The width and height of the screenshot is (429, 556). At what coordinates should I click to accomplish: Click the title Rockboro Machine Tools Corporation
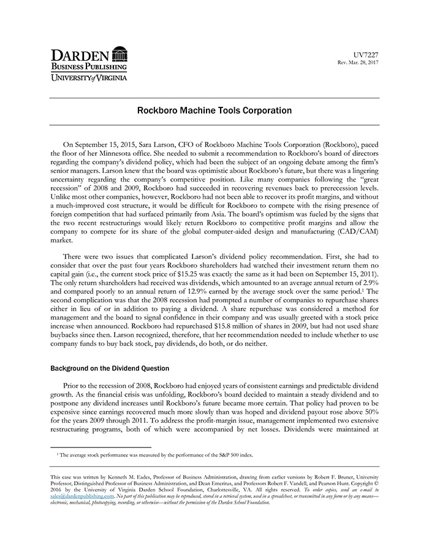click(x=214, y=111)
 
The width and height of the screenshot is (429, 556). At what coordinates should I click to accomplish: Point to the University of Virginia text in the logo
click(x=89, y=77)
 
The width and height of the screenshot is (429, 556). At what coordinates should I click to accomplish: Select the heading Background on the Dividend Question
click(x=110, y=369)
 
